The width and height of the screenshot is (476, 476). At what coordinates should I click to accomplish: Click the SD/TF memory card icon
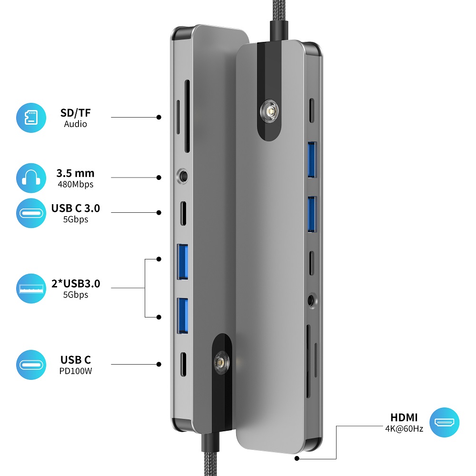pos(31,117)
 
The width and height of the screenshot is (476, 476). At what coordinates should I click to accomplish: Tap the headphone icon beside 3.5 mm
pos(31,178)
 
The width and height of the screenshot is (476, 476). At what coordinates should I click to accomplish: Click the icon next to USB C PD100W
pos(31,365)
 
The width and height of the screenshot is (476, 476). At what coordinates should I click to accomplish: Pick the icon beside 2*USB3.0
pos(31,288)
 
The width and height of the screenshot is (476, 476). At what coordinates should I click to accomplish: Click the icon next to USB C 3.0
pos(31,213)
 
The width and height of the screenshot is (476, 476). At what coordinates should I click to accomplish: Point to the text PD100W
pos(76,370)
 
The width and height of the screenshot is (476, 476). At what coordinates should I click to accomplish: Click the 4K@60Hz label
pos(404,428)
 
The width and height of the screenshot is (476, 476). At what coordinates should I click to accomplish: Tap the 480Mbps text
pos(76,184)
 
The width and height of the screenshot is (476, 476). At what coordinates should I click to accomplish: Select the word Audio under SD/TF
pos(76,124)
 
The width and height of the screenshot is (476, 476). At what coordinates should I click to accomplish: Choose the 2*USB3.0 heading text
pos(76,284)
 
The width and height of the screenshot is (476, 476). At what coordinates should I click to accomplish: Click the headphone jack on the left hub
pos(184,176)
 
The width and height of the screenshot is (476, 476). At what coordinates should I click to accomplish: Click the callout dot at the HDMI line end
pos(297,459)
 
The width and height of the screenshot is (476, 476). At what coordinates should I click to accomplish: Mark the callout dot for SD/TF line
pos(159,117)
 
